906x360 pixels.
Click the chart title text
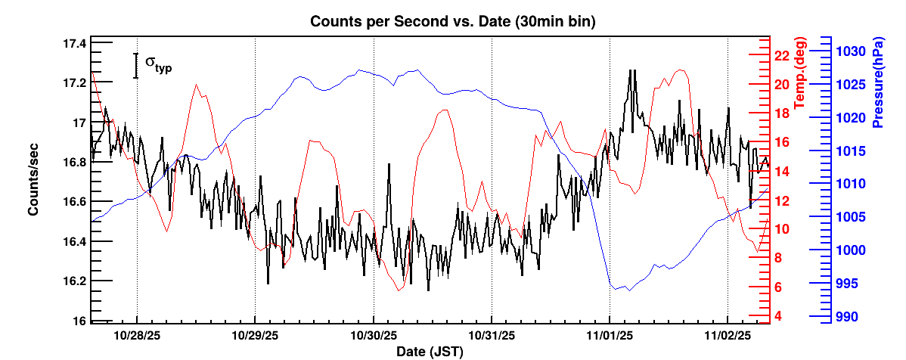coord(453,22)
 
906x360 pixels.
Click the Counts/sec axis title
coord(34,178)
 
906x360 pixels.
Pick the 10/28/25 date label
coord(136,334)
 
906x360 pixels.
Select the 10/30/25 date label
coord(374,334)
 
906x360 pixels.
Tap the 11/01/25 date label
coord(610,334)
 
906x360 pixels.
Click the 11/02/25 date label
coord(728,334)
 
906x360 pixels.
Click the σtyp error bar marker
coord(136,65)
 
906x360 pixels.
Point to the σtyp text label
coord(158,64)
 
